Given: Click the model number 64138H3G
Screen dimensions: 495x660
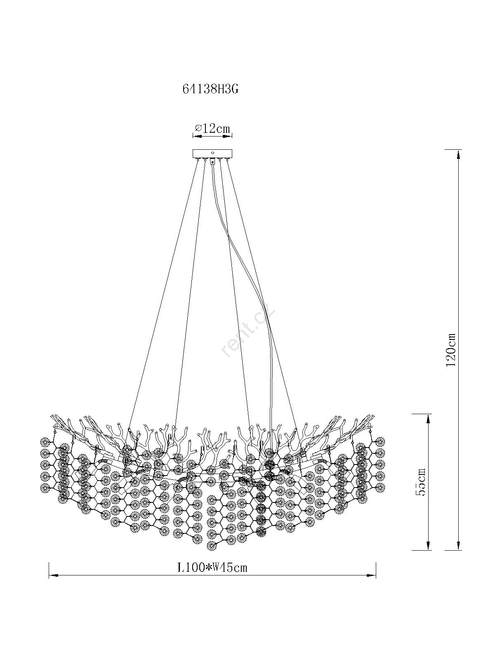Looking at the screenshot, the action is [x=210, y=89].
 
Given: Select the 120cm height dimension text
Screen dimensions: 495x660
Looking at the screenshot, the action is [x=451, y=350].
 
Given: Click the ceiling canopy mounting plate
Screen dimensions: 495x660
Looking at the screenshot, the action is [x=212, y=153].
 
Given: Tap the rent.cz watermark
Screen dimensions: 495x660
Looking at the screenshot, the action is [x=248, y=332].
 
